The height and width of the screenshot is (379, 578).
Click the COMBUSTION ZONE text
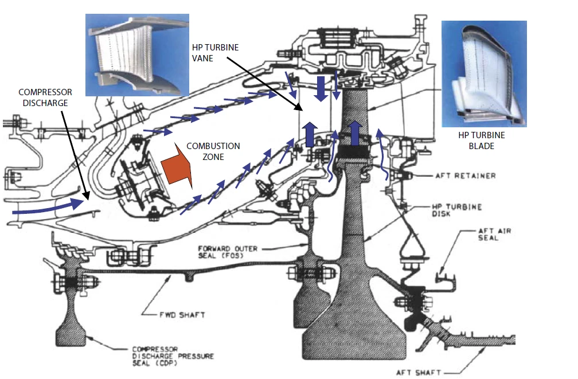tap(213, 151)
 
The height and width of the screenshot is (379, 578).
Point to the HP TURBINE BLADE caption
tap(481, 140)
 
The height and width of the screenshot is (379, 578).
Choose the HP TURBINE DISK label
tap(458, 210)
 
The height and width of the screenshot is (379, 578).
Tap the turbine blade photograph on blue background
tap(484, 73)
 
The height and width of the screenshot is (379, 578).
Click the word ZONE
tap(213, 157)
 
